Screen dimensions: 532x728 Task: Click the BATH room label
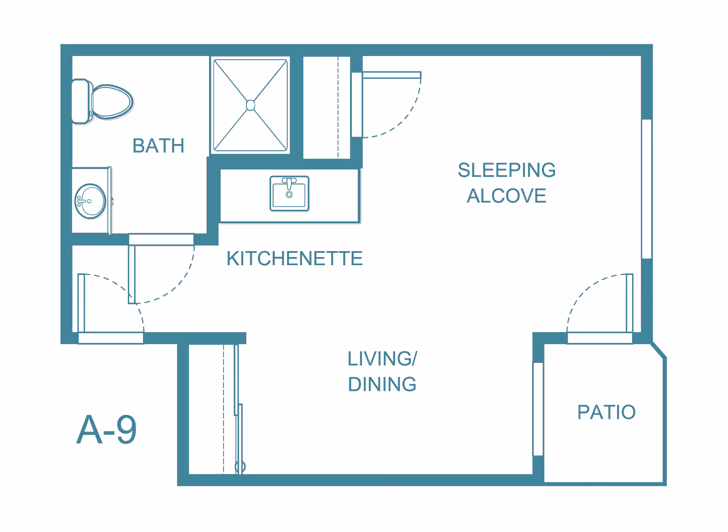click(158, 146)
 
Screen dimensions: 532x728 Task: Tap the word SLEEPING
click(507, 170)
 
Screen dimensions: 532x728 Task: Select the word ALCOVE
click(507, 196)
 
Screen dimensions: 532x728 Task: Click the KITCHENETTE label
click(294, 258)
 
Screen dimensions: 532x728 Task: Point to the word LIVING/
click(382, 358)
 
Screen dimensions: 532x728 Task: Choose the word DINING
click(382, 384)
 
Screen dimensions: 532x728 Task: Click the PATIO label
click(606, 412)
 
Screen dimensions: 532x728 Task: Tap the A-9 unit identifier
click(107, 430)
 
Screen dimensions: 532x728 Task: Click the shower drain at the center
click(250, 105)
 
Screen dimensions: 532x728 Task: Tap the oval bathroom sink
click(90, 201)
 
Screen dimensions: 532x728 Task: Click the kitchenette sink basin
click(289, 195)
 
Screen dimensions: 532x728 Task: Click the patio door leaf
click(629, 303)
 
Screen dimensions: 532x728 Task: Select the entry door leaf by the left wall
click(81, 303)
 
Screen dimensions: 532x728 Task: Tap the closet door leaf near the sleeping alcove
click(392, 75)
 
